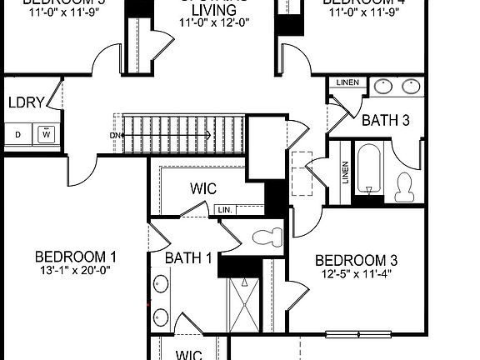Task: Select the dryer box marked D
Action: (x=17, y=133)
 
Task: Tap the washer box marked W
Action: (x=47, y=133)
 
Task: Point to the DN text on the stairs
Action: (x=115, y=134)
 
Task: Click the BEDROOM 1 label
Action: (x=76, y=256)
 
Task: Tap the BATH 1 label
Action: (x=187, y=258)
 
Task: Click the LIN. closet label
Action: (x=224, y=210)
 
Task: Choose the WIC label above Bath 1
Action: (x=203, y=188)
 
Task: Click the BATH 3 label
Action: (x=385, y=121)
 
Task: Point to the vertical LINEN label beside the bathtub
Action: (x=345, y=172)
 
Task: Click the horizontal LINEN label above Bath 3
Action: (x=347, y=83)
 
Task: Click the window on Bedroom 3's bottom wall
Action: (x=357, y=336)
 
